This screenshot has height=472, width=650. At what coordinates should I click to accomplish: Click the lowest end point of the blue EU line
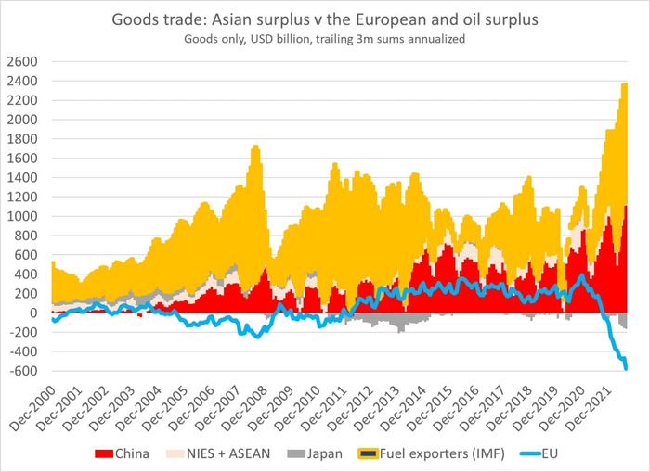(626, 368)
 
